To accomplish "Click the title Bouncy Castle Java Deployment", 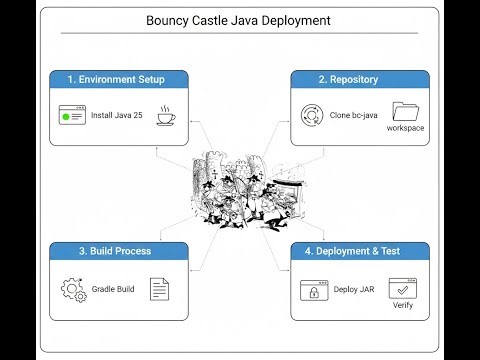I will click(238, 20).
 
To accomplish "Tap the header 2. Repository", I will click(362, 79).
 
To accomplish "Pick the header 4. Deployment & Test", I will click(362, 251).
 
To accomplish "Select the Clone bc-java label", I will click(353, 116).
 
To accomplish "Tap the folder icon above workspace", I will click(406, 112).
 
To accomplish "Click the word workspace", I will click(406, 129).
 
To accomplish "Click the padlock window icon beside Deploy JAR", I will click(313, 290).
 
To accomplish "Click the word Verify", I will click(402, 305).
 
